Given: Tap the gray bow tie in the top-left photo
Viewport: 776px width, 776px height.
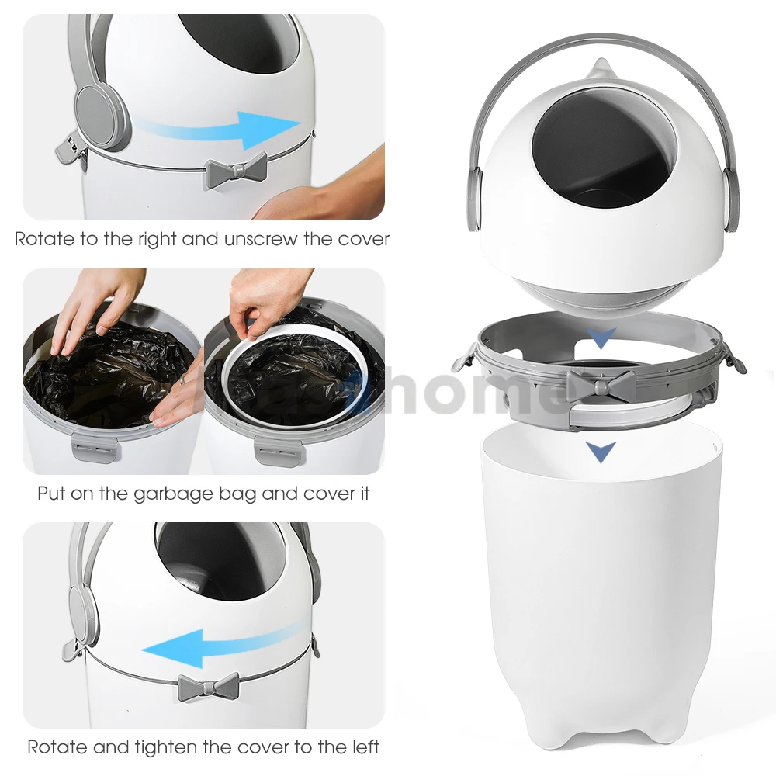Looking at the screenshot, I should pyautogui.click(x=235, y=170).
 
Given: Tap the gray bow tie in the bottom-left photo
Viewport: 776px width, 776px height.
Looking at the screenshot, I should pyautogui.click(x=208, y=687).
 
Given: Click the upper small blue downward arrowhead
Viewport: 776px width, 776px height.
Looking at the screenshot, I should pyautogui.click(x=601, y=338).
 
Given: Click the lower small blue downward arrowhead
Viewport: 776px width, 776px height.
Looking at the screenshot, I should pyautogui.click(x=601, y=451).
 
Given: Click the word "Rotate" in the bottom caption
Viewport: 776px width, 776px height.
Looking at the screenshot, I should pyautogui.click(x=57, y=747).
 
